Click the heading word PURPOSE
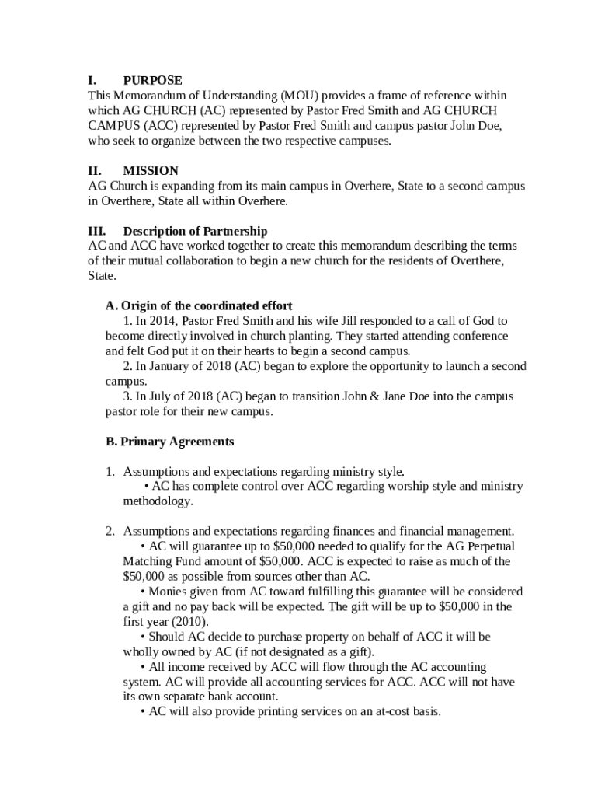coord(153,80)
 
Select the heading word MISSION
coord(151,170)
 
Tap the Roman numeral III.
coord(96,231)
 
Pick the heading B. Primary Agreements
coord(169,442)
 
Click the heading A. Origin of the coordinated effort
coord(199,305)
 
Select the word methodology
coord(158,501)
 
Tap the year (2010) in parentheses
coord(189,621)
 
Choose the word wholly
coord(141,651)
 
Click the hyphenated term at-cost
coord(394,711)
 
